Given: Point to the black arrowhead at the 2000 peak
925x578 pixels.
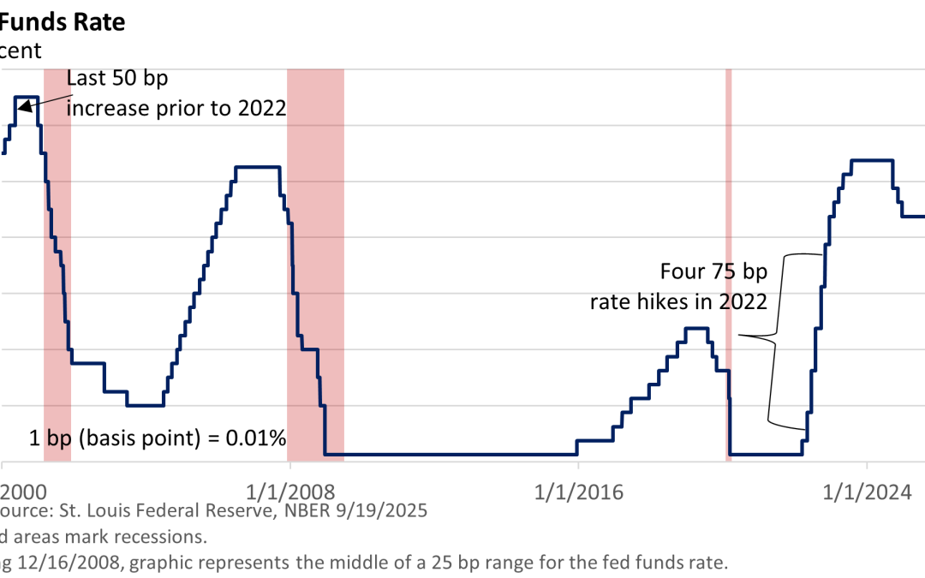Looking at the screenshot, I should click(x=25, y=107).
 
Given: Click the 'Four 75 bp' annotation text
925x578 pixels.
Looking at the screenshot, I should click(x=714, y=272).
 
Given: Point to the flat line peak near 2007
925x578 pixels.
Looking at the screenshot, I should click(x=258, y=166).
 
